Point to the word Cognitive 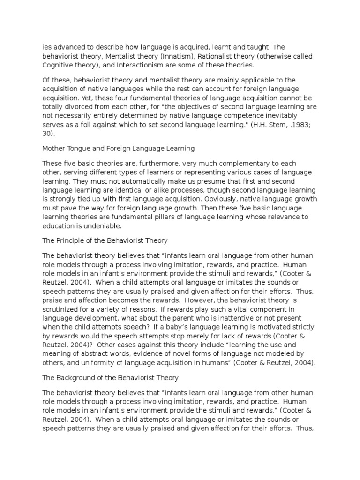[59, 65]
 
